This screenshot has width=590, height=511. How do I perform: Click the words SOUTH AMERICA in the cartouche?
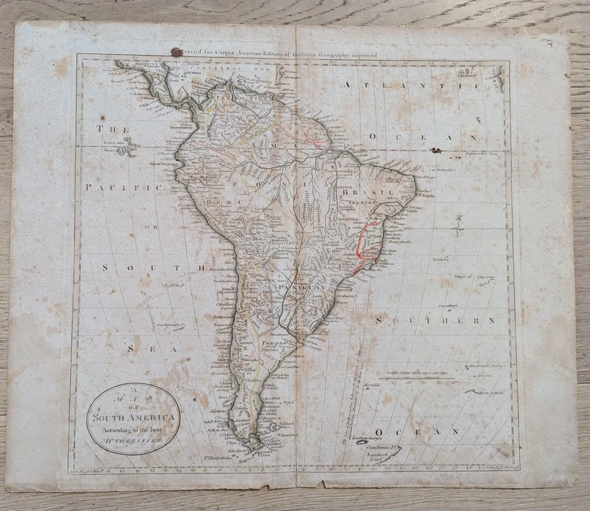click(134, 418)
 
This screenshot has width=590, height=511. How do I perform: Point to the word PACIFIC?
click(124, 186)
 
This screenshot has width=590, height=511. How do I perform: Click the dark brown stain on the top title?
click(176, 52)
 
